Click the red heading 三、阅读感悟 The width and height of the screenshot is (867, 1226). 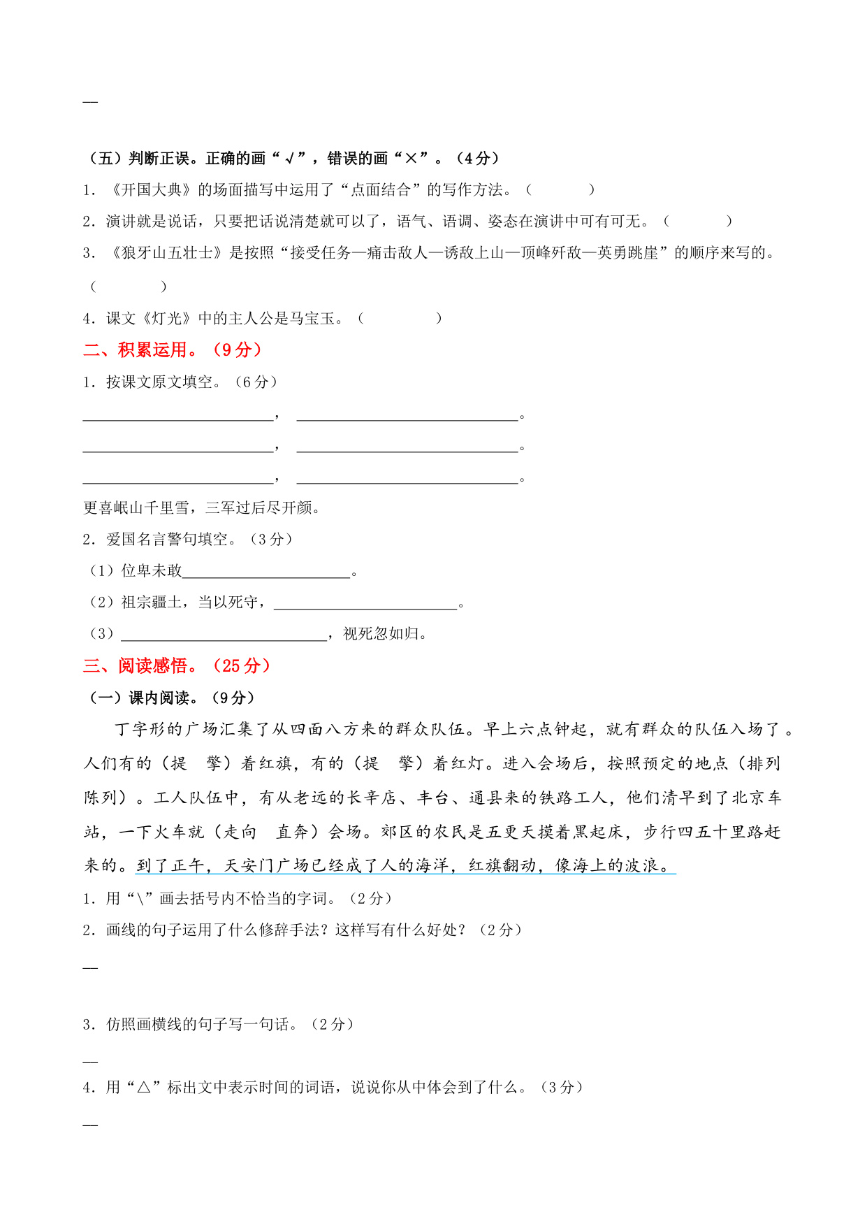coord(176,665)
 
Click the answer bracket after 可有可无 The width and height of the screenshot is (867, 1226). coord(697,222)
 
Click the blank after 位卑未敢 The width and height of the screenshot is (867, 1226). coord(265,572)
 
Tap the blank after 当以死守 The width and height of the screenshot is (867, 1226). coord(365,603)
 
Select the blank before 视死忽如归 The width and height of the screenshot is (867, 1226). coord(224,635)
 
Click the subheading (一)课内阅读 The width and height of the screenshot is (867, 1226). coord(172,698)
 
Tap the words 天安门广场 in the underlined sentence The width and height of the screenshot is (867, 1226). coord(266,866)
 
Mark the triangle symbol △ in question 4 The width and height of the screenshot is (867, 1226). coord(144,1088)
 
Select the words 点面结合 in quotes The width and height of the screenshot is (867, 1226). coord(380,189)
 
